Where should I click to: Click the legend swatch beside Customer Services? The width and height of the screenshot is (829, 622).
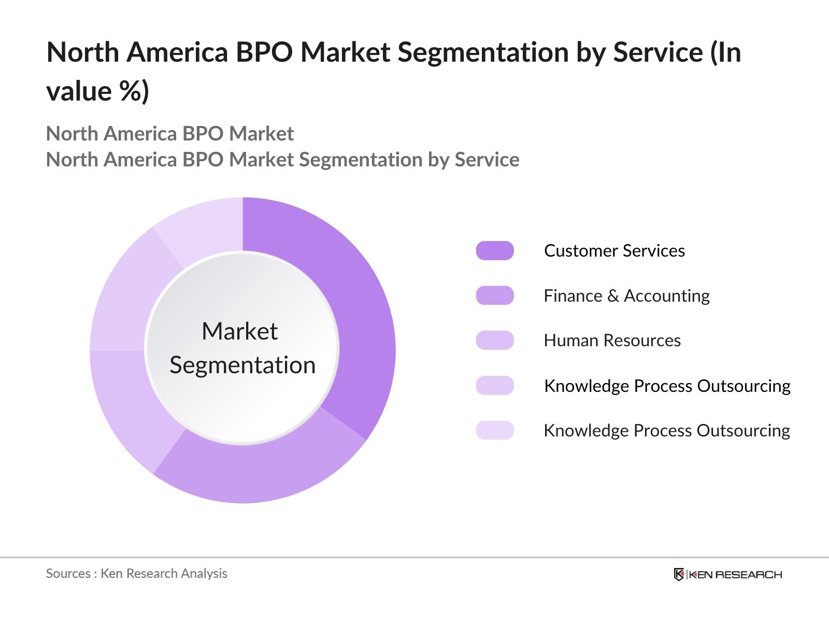point(495,251)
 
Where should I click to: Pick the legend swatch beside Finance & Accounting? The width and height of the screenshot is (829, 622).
point(495,295)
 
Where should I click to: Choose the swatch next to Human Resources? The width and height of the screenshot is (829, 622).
point(495,341)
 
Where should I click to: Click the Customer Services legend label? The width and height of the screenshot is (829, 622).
point(614,251)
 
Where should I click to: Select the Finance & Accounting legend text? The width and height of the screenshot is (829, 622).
point(626,295)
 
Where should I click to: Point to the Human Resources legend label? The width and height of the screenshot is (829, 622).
point(612,341)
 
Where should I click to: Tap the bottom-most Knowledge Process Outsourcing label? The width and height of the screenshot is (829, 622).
point(666,431)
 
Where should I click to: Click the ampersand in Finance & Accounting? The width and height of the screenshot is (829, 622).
point(613,296)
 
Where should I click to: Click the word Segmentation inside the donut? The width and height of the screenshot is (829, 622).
point(242,365)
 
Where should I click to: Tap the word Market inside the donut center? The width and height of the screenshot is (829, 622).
point(239,331)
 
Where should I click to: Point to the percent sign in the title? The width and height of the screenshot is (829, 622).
point(129,91)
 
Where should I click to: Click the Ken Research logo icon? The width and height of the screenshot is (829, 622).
point(679,574)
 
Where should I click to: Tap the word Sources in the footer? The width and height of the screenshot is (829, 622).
point(68,574)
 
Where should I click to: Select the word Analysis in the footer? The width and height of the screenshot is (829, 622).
point(204,574)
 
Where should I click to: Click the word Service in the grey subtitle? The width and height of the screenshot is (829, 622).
point(487,160)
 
